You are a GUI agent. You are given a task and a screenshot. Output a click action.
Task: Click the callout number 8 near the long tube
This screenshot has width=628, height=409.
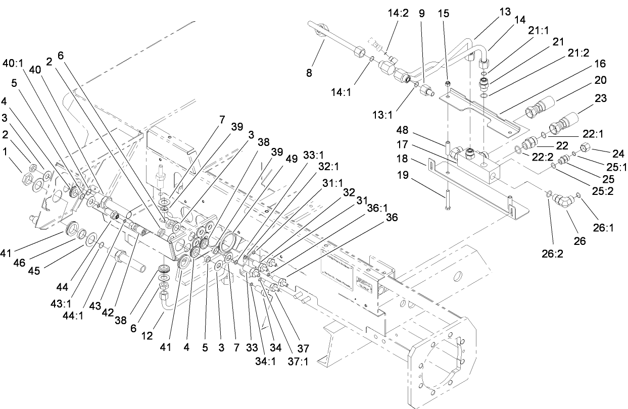[309, 73]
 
